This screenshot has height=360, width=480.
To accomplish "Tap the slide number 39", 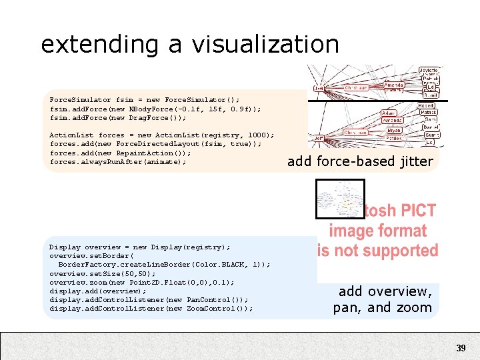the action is click(x=461, y=348).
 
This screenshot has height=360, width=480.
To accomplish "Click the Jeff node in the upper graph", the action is click(x=319, y=87).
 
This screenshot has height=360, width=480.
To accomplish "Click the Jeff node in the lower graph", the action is click(x=319, y=138).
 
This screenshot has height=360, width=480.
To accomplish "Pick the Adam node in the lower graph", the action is click(x=389, y=113).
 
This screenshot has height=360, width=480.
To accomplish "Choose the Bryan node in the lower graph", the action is click(x=393, y=131).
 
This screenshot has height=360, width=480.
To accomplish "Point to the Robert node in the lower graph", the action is click(x=427, y=105).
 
